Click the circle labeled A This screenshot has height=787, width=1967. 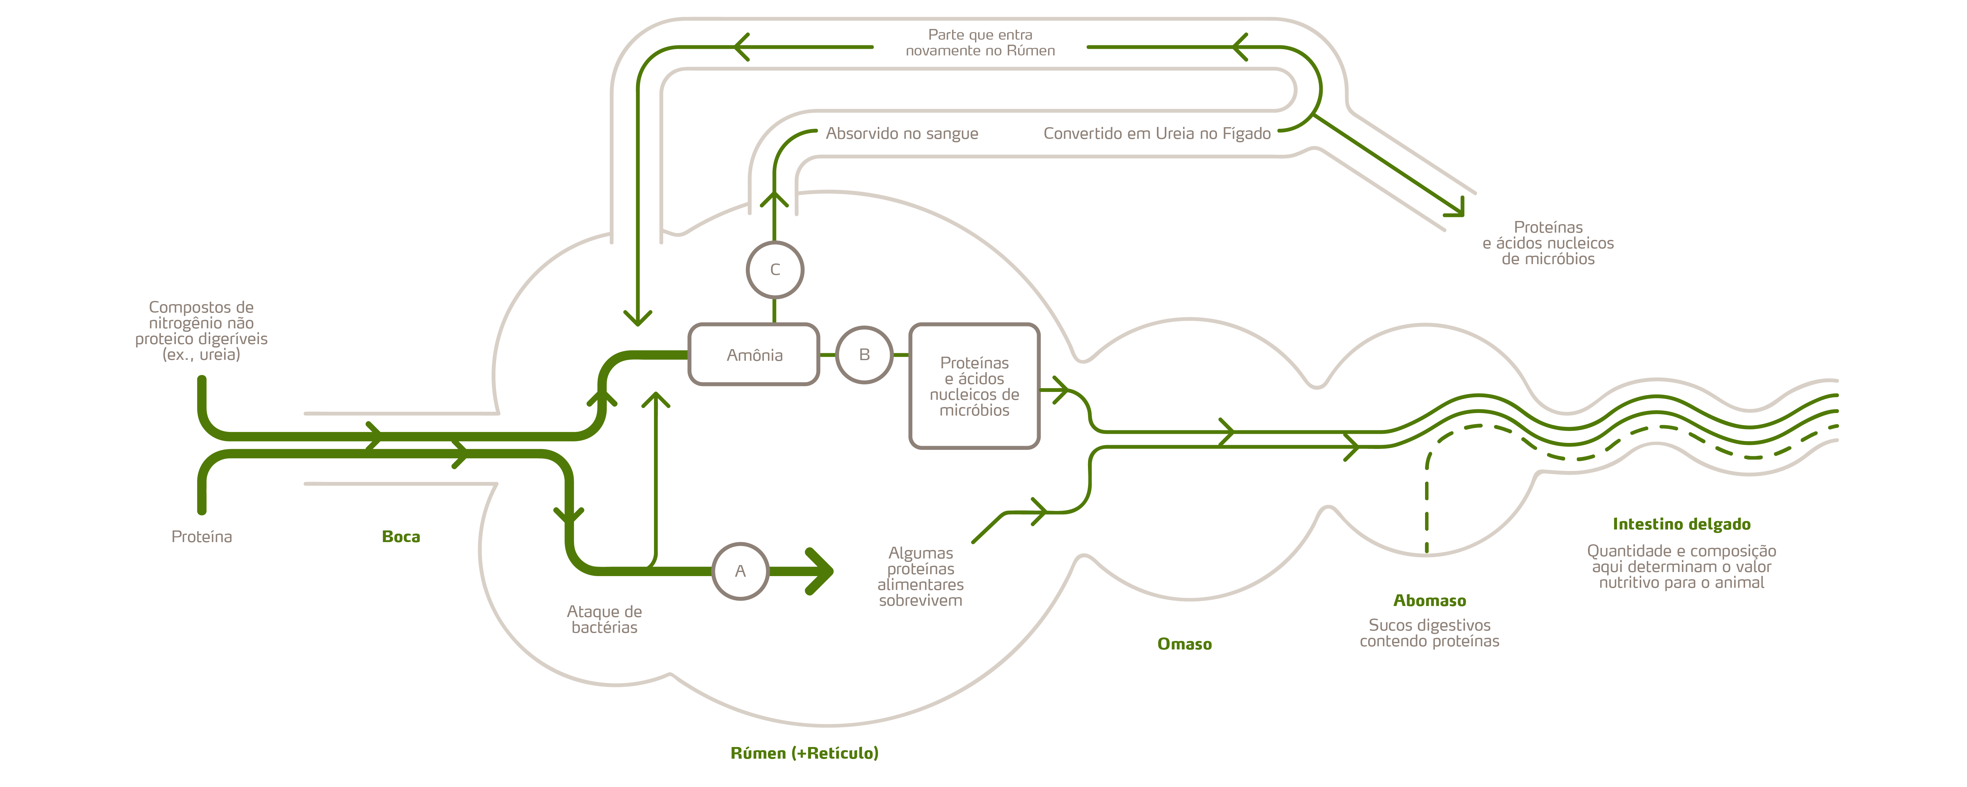tap(740, 571)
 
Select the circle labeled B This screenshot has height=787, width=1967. tap(865, 354)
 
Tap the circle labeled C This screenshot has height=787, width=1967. tap(775, 270)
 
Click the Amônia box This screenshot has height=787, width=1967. tap(754, 354)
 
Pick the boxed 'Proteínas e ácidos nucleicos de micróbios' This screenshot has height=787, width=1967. tap(974, 386)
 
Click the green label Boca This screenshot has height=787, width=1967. tap(401, 536)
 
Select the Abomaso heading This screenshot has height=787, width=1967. tap(1429, 601)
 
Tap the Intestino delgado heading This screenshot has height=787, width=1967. tap(1682, 524)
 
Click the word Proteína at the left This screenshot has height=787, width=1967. tap(202, 536)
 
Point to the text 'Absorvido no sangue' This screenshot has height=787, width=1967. tap(902, 134)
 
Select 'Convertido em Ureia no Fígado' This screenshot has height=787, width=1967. tap(1157, 134)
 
